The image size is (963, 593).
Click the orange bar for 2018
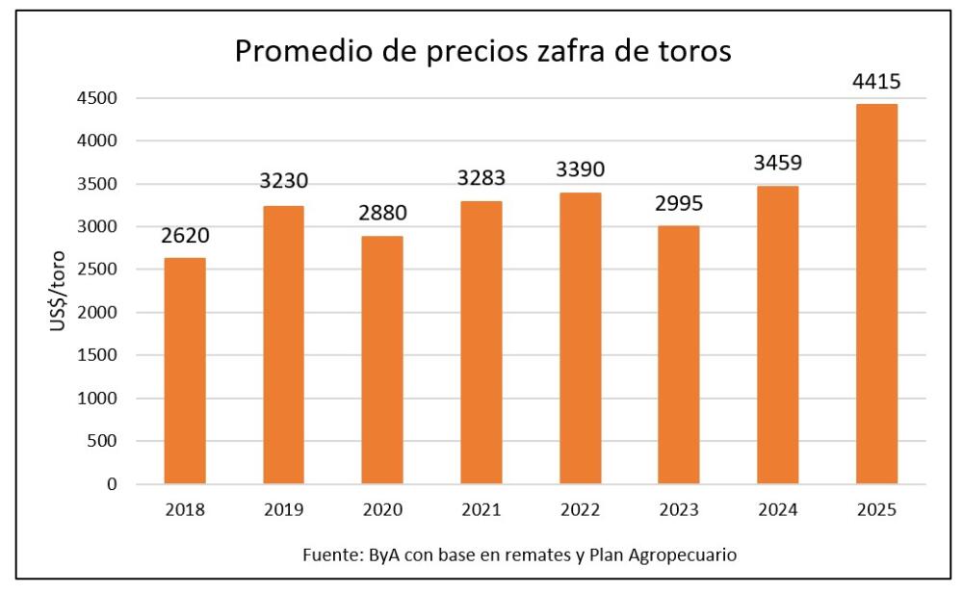[x=184, y=371]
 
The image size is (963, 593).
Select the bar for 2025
[x=875, y=294]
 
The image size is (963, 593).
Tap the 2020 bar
[x=381, y=359]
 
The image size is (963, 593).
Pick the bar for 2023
[x=678, y=354]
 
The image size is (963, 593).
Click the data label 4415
[x=875, y=83]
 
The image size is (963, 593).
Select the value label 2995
[x=678, y=205]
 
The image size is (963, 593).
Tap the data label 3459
[x=777, y=165]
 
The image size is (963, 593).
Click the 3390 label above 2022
[x=579, y=170]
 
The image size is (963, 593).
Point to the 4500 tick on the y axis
[x=99, y=98]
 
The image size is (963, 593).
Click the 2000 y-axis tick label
[x=99, y=313]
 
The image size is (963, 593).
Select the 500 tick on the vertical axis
[x=104, y=442]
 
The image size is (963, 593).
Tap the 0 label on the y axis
[x=112, y=484]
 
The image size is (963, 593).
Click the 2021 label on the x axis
[x=481, y=510]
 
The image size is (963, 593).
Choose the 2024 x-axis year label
[x=777, y=510]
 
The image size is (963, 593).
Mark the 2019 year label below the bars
[x=283, y=510]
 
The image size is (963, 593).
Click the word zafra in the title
[x=556, y=51]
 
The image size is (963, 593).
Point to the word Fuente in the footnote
[x=329, y=554]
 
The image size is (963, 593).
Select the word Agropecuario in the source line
[x=691, y=555]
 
